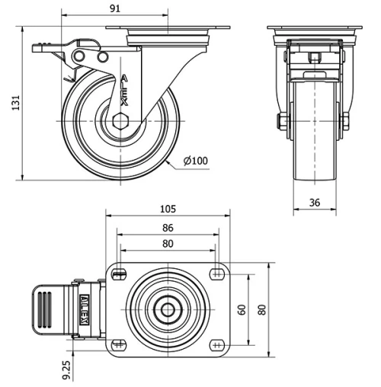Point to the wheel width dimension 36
(x=314, y=202)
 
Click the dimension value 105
(x=168, y=208)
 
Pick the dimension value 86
(x=168, y=227)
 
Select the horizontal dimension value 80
(x=168, y=244)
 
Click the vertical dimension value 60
(x=242, y=310)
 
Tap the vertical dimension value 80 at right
(x=262, y=310)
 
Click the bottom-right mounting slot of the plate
(x=218, y=345)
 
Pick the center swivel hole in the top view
(x=168, y=310)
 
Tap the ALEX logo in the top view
(x=85, y=310)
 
